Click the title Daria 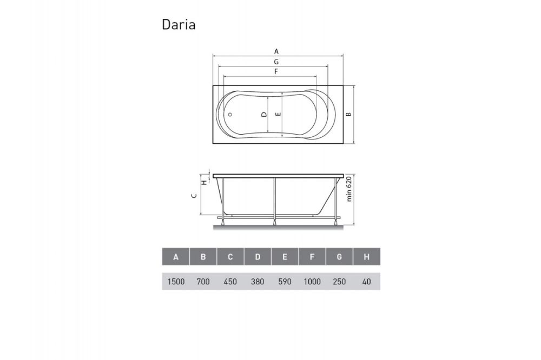point(179,25)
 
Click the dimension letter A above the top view point(276,51)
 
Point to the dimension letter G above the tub point(276,62)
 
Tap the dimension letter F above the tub point(276,71)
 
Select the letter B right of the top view point(349,114)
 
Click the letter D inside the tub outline point(263,114)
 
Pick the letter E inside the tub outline point(278,114)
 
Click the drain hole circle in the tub point(229,115)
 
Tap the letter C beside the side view point(194,197)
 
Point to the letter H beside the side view point(203,182)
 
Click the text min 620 point(349,189)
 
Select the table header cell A point(176,257)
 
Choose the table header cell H point(366,257)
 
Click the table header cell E point(285,257)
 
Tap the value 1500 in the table point(176,282)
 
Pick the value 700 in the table point(203,282)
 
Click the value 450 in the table point(230,282)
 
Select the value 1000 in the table point(312,282)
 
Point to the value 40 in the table point(366,282)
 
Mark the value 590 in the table point(285,282)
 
